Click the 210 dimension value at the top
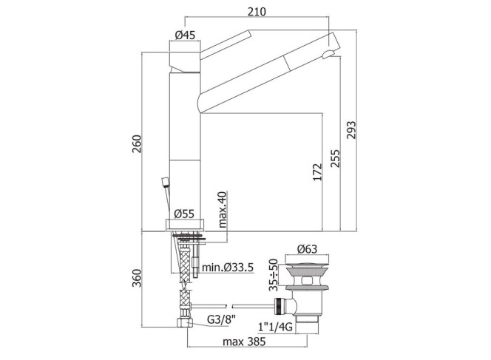pyautogui.click(x=257, y=12)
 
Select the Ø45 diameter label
pyautogui.click(x=185, y=35)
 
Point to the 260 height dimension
pyautogui.click(x=137, y=144)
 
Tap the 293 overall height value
pyautogui.click(x=351, y=130)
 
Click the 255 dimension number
pyautogui.click(x=335, y=158)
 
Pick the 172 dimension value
pyautogui.click(x=317, y=171)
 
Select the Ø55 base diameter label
pyautogui.click(x=184, y=214)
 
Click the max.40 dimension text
pyautogui.click(x=223, y=209)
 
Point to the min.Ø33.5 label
pyautogui.click(x=228, y=268)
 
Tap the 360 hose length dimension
pyautogui.click(x=137, y=278)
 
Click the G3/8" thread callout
pyautogui.click(x=221, y=319)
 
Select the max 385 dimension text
pyautogui.click(x=244, y=342)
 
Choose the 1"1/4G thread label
pyautogui.click(x=275, y=327)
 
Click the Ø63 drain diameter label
pyautogui.click(x=307, y=249)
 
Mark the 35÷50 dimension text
pyautogui.click(x=274, y=275)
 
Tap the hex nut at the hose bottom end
pyautogui.click(x=185, y=322)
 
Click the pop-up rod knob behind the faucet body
pyautogui.click(x=165, y=182)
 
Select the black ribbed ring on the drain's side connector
pyautogui.click(x=279, y=307)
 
